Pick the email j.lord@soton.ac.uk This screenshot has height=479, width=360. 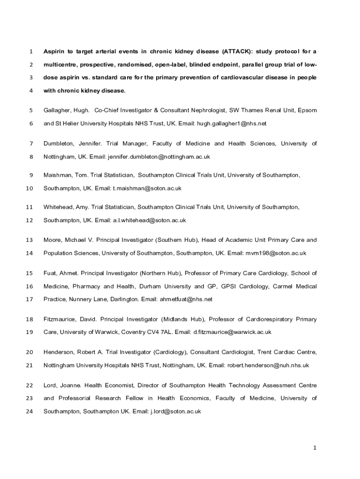point(175,412)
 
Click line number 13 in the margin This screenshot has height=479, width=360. point(29,240)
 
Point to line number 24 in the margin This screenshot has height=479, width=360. point(29,412)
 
